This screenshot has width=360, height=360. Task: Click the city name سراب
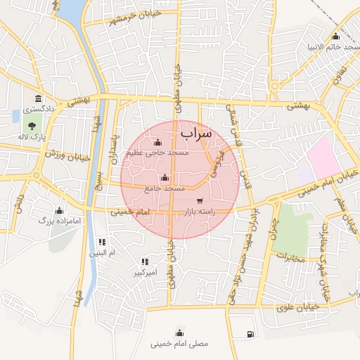[195, 133]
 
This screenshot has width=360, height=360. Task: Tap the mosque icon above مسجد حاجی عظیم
[157, 143]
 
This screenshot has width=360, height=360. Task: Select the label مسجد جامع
[165, 188]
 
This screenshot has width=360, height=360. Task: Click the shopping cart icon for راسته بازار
[200, 201]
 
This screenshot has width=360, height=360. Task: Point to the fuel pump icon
[250, 334]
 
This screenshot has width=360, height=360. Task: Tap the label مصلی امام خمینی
[179, 345]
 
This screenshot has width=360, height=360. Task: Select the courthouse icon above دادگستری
[37, 98]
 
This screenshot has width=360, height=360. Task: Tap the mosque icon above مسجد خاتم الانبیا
[335, 37]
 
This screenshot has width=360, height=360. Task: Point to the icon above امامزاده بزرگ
[59, 210]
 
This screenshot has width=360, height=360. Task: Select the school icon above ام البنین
[103, 241]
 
